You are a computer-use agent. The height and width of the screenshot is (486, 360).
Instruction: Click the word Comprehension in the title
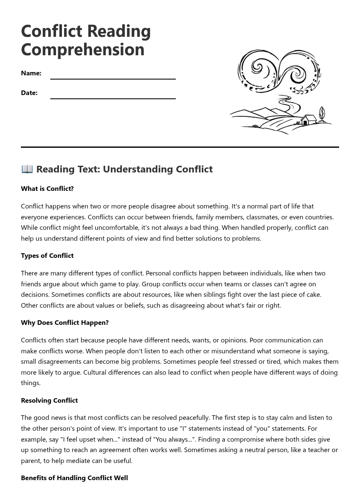(82, 49)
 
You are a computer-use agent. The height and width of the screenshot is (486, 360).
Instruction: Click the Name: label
(31, 73)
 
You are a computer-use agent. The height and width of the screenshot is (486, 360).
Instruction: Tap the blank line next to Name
(113, 78)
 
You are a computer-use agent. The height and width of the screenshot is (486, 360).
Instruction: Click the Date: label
(29, 93)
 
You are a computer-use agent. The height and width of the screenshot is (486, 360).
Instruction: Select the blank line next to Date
(113, 98)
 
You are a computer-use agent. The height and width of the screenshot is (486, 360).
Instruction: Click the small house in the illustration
(309, 120)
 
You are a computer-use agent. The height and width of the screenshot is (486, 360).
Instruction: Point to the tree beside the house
(321, 114)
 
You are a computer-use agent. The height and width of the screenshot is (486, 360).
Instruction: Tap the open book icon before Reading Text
(27, 169)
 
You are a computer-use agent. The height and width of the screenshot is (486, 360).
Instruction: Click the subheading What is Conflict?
(47, 188)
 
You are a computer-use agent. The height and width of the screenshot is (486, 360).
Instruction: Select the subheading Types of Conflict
(47, 255)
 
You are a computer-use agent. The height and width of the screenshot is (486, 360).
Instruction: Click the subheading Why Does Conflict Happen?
(65, 322)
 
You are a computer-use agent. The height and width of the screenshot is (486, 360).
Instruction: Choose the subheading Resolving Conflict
(49, 400)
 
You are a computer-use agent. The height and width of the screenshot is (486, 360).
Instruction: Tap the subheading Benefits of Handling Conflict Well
(75, 478)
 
